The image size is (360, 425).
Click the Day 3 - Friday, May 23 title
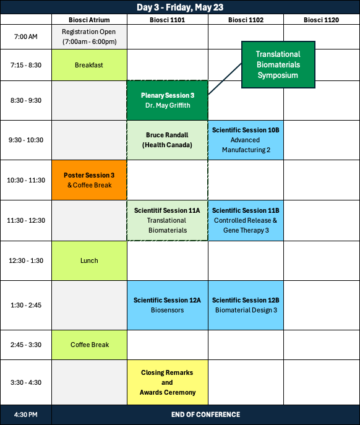180,7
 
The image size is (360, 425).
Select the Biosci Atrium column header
89,20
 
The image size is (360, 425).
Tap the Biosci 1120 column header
321,20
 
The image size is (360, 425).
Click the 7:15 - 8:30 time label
26,65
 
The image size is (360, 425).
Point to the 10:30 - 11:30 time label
26,180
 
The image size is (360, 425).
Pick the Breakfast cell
89,65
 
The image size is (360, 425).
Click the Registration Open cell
89,37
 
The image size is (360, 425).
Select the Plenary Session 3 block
168,100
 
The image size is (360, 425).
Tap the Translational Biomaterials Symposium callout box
278,64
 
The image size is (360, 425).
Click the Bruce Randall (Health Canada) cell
168,140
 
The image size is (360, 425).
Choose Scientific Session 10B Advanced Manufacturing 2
246,140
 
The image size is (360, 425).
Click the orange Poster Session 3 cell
89,180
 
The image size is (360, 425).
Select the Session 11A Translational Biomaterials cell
168,220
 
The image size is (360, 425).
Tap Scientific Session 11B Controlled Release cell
246,220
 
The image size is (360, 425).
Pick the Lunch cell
89,260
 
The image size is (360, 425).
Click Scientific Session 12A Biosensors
168,305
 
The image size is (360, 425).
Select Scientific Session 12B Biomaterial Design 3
246,305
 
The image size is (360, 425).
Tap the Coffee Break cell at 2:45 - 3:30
89,345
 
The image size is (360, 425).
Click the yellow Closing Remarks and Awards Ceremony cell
168,382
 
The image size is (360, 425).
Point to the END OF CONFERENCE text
205,414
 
